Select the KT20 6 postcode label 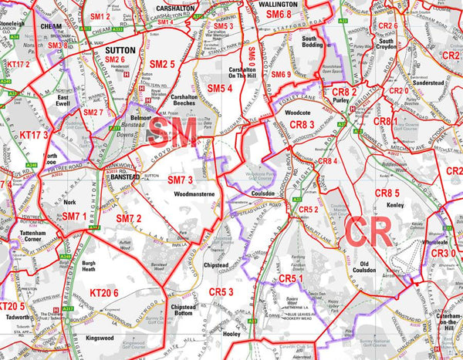[x=104, y=292]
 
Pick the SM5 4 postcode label [x=218, y=89]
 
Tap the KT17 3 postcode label [x=34, y=135]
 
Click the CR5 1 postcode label [x=293, y=277]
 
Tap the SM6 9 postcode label [x=281, y=74]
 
